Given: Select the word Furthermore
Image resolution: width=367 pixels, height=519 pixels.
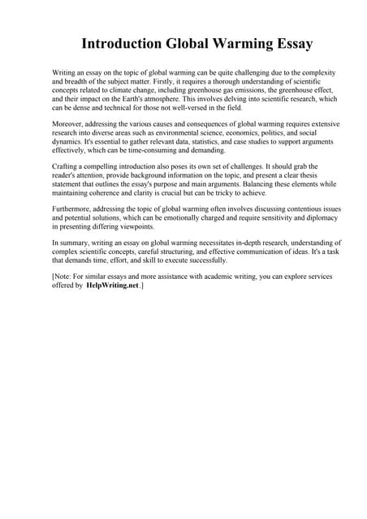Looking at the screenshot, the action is [x=74, y=208].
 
